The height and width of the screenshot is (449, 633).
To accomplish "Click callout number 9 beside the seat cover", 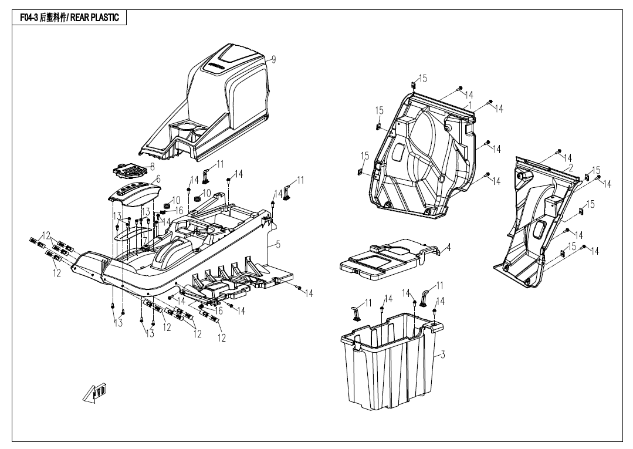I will [273, 59].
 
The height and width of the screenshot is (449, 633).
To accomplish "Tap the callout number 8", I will [153, 167].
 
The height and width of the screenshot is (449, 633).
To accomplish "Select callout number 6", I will [158, 178].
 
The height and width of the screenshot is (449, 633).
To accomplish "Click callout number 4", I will [449, 247].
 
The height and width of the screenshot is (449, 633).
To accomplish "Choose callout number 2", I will [570, 167].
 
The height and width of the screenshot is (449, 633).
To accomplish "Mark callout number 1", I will [470, 104].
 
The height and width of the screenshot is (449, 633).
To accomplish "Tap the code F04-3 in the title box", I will [29, 18].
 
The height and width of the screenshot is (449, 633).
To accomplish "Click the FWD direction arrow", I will [95, 392].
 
